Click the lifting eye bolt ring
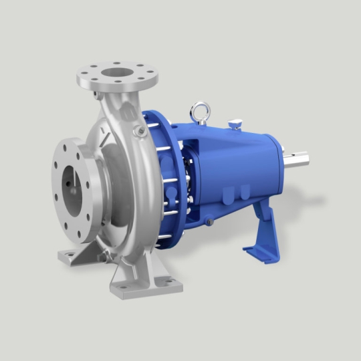pos(199,111)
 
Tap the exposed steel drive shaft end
pos(302,162)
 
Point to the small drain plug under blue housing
pos(209,221)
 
